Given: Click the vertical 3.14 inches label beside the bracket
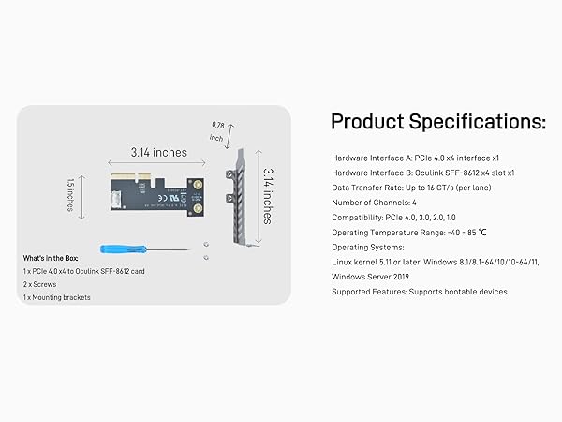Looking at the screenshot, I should [268, 196].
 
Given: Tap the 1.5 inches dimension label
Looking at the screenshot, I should [71, 195].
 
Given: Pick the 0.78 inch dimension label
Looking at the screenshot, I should [217, 131].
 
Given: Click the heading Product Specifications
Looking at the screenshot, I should [437, 121].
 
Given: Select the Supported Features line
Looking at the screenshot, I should [420, 292].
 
